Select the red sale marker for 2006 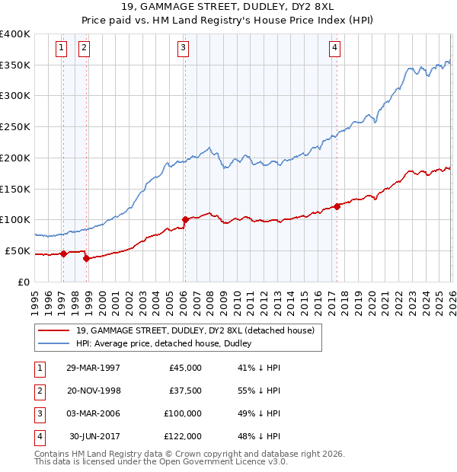(x=184, y=219)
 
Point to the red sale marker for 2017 (x=337, y=206)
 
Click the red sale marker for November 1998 (x=86, y=258)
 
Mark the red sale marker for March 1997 (x=64, y=254)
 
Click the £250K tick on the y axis (x=15, y=126)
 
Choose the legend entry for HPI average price (x=168, y=343)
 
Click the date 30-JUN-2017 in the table (x=94, y=436)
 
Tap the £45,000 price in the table (x=185, y=368)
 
